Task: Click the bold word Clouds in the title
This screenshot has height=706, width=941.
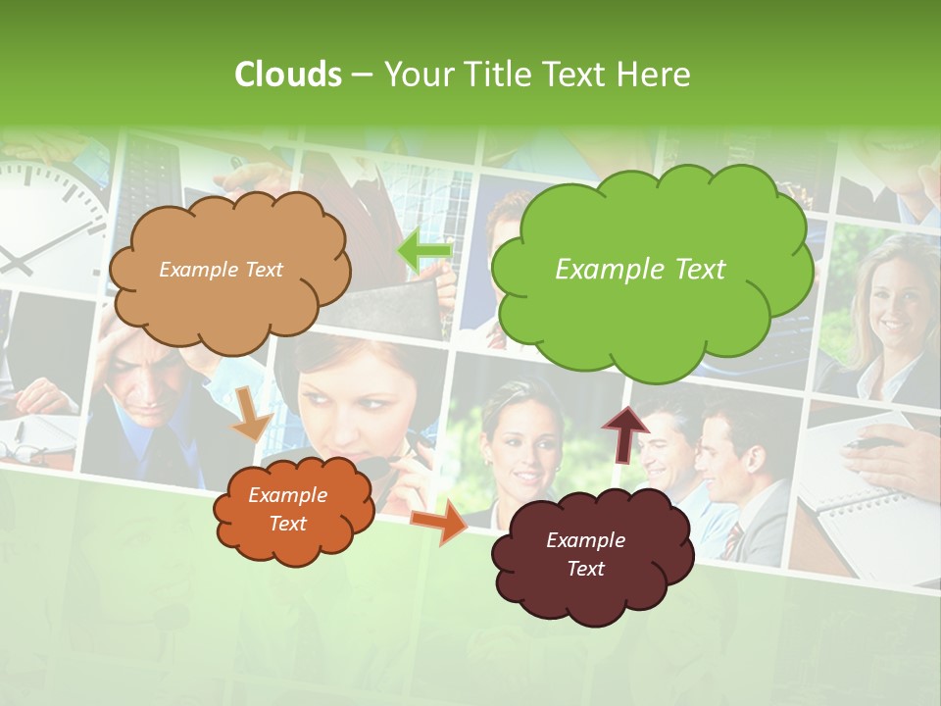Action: [288, 75]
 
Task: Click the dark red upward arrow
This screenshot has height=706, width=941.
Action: [625, 432]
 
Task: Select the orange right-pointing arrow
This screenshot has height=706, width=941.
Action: [438, 522]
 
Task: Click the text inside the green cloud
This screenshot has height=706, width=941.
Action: [640, 270]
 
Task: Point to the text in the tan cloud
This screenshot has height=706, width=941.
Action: [221, 270]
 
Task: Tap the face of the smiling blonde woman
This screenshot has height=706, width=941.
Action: [887, 294]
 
